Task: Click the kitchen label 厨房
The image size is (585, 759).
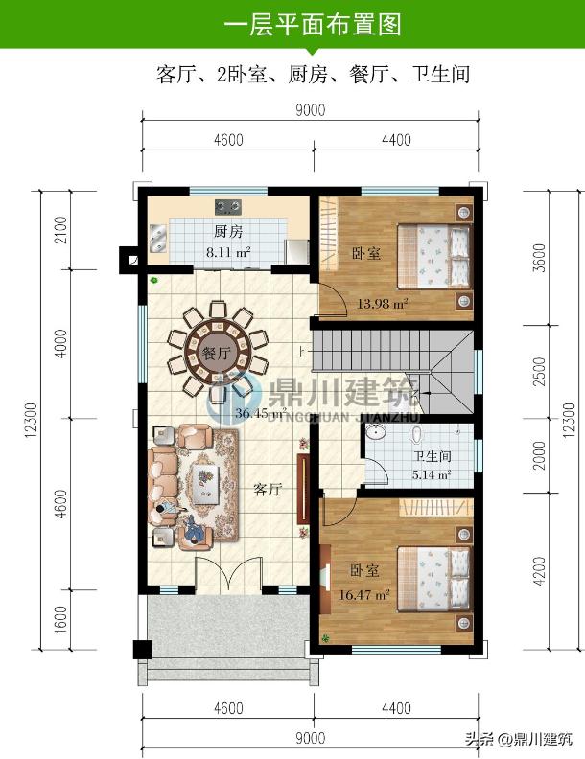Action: point(228,231)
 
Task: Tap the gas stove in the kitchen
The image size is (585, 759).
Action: point(228,207)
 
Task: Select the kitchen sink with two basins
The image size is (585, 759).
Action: point(158,239)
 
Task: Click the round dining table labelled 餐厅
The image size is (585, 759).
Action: point(218,352)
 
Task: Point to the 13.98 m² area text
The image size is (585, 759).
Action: point(382,304)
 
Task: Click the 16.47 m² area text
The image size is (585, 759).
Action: point(363,594)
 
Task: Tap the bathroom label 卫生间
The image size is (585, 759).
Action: point(432,456)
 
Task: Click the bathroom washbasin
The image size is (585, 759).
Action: point(375,431)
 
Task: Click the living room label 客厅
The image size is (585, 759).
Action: point(268,490)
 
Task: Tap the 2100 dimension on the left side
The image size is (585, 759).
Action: point(61,230)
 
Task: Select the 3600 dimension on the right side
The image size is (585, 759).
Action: point(539,258)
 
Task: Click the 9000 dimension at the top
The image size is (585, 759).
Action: point(311,110)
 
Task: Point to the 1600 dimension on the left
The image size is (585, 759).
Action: point(61,620)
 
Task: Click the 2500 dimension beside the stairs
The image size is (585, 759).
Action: point(539,371)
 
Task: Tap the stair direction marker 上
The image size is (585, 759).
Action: point(301,350)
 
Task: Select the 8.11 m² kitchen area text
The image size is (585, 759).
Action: point(228,252)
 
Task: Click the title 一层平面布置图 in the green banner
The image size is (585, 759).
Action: point(313,24)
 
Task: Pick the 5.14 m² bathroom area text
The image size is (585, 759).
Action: point(432,474)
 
